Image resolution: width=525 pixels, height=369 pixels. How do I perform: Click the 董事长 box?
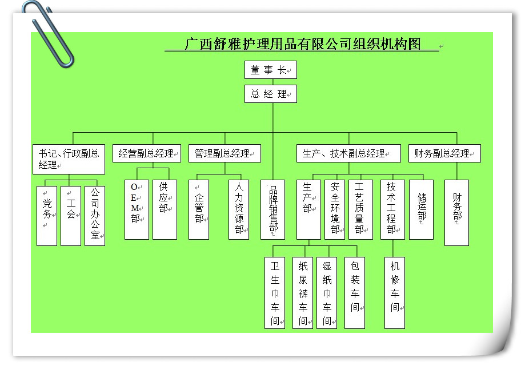tap(271, 70)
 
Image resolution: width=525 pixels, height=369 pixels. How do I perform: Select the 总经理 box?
tap(271, 94)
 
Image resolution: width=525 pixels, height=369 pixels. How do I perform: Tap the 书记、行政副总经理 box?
tap(69, 159)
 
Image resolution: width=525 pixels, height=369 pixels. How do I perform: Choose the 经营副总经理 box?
tap(146, 153)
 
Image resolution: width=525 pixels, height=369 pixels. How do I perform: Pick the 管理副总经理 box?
tap(225, 153)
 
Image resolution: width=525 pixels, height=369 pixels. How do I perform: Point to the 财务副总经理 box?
tap(444, 153)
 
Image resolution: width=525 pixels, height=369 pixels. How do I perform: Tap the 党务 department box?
tap(47, 216)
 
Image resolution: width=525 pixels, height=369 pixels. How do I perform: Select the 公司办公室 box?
tap(95, 216)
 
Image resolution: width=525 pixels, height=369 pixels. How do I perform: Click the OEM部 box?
tap(136, 209)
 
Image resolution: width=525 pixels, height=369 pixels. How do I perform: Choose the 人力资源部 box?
tap(239, 209)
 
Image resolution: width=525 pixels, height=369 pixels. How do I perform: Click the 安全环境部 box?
tap(335, 209)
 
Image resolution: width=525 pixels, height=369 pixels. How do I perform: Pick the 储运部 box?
tap(422, 209)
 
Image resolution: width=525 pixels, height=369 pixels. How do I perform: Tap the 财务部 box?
tap(456, 213)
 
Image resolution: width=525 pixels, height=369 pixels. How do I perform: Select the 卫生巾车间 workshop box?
tap(275, 293)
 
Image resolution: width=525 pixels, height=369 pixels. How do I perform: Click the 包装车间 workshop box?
tap(355, 293)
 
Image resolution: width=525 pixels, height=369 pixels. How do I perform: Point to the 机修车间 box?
tap(395, 293)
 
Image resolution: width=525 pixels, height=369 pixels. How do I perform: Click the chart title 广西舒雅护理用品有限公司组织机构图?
tap(303, 44)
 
